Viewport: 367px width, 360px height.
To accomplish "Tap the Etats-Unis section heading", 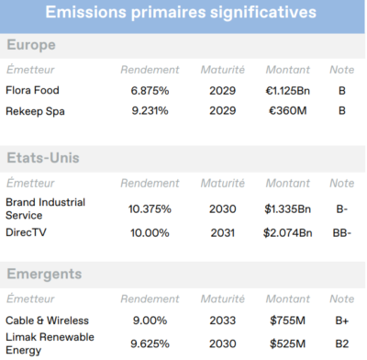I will pos(43,158).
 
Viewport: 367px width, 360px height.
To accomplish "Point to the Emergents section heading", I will pos(44,273).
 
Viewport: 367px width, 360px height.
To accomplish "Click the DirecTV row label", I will pos(28,232).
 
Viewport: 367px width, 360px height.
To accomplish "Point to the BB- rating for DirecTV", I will pos(341,232).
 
